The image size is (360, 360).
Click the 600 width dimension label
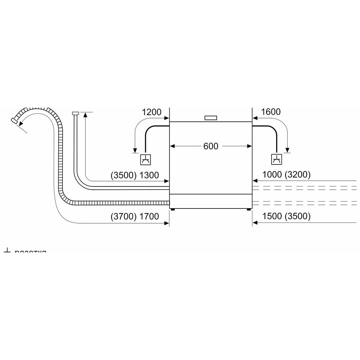[x=211, y=146]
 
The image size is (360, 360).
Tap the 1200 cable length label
[x=152, y=112]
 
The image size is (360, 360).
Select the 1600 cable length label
[x=271, y=112]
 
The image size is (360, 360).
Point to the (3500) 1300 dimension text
[x=135, y=175]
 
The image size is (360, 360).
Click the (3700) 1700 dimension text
[x=135, y=217]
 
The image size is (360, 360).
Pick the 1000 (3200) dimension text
[x=287, y=175]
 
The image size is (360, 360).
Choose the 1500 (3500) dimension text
[x=287, y=217]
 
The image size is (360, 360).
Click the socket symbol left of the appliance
[x=145, y=159]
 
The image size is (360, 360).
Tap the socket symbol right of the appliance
[x=276, y=159]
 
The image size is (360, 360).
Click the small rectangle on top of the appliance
[x=211, y=118]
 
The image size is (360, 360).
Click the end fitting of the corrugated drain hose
[x=15, y=120]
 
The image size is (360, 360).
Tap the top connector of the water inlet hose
[x=75, y=114]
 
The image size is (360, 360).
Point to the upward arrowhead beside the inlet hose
[x=85, y=115]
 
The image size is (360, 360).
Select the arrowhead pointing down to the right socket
[x=287, y=150]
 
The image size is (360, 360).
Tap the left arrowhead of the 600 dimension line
[x=172, y=146]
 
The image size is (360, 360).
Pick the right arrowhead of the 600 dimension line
[x=249, y=146]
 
